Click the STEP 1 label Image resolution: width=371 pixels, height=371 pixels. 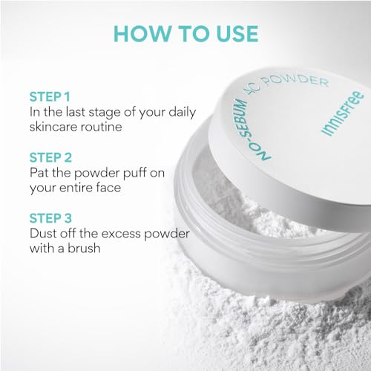(50, 96)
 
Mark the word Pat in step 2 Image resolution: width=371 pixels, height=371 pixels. (40, 173)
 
